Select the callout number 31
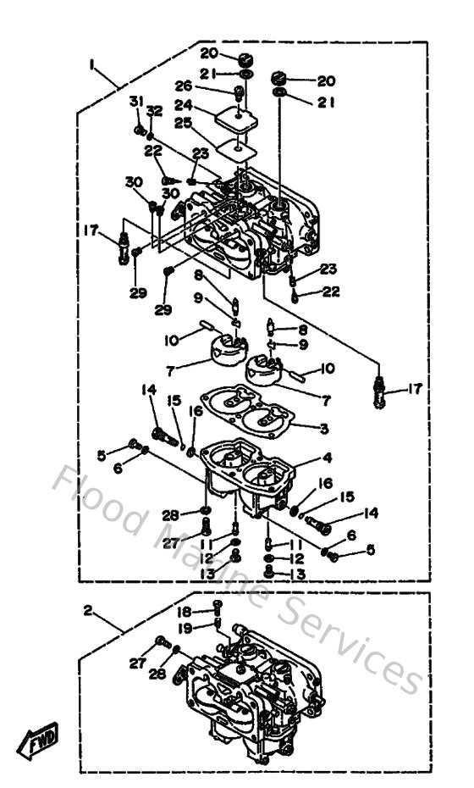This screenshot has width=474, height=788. (x=135, y=103)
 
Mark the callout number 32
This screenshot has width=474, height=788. (x=154, y=111)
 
